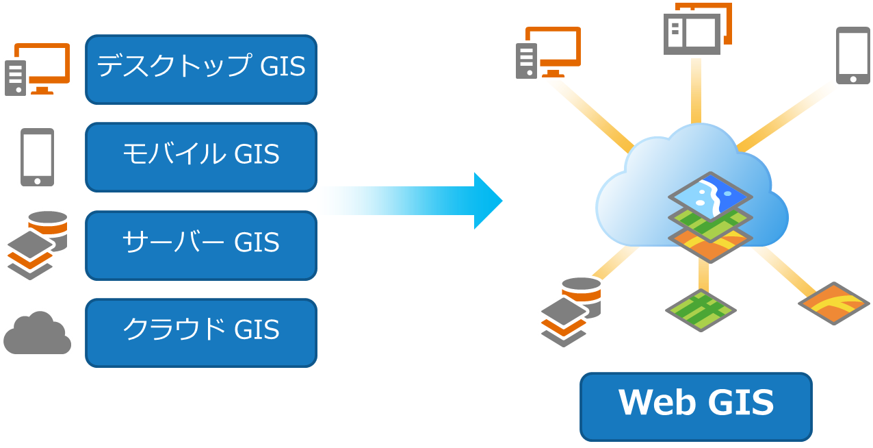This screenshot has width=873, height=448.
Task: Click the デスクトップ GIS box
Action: [201, 69]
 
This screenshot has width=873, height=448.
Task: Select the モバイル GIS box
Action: [201, 157]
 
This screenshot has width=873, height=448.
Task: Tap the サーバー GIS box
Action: [201, 245]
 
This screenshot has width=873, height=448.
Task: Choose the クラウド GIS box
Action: [201, 332]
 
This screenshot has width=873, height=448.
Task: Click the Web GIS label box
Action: [696, 406]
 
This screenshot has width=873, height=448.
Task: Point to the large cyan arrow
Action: [411, 200]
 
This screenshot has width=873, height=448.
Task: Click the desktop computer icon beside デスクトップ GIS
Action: [38, 68]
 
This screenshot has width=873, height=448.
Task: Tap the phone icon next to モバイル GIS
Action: [37, 156]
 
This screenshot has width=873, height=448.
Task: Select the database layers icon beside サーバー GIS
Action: [38, 245]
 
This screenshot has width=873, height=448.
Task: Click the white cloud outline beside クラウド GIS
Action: [37, 333]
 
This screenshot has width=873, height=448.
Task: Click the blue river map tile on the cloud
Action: [709, 196]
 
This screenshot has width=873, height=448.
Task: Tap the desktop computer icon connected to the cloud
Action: [548, 53]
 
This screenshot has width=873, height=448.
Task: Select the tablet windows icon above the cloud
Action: [696, 29]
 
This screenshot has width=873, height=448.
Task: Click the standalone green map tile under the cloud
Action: [701, 309]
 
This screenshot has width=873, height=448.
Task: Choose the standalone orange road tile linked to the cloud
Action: [833, 303]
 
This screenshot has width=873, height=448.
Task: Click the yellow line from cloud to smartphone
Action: [787, 116]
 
